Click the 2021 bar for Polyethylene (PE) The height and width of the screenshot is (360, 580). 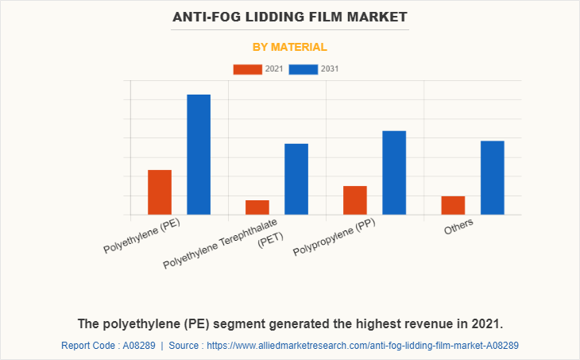point(160,192)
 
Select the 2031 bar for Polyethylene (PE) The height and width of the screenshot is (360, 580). point(199,154)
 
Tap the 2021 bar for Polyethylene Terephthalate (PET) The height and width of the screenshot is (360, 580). point(257,207)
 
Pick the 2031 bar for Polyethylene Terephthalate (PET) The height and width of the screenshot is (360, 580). point(296,179)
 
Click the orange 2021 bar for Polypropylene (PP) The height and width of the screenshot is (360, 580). point(355,200)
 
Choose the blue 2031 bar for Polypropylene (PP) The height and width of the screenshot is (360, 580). point(394,172)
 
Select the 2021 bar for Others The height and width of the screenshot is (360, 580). point(453,205)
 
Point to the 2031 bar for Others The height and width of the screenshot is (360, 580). point(493,177)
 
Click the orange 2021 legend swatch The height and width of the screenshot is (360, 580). point(247,69)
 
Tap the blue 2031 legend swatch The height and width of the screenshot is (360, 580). point(303,69)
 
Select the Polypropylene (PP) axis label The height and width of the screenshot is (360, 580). point(334,236)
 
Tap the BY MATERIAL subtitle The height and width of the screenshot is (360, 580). point(290,47)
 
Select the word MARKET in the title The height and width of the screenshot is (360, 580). point(377,16)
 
